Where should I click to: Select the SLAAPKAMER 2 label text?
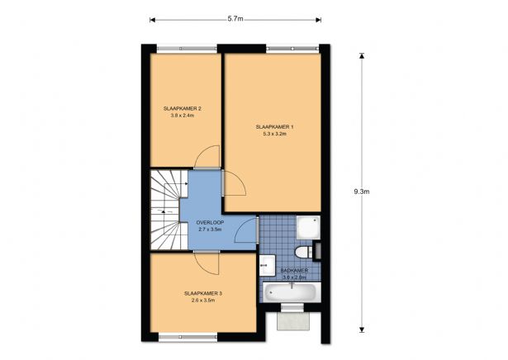(x=183, y=108)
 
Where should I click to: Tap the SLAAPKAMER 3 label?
(x=203, y=293)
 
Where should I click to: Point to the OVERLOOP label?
(x=209, y=222)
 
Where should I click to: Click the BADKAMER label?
(x=294, y=270)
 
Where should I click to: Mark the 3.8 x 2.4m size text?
(x=183, y=116)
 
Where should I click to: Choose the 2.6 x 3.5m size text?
(x=203, y=301)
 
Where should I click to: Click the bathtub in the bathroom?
(x=289, y=292)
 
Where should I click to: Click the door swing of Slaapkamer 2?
(x=207, y=157)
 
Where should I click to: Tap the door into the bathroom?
(x=245, y=232)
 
